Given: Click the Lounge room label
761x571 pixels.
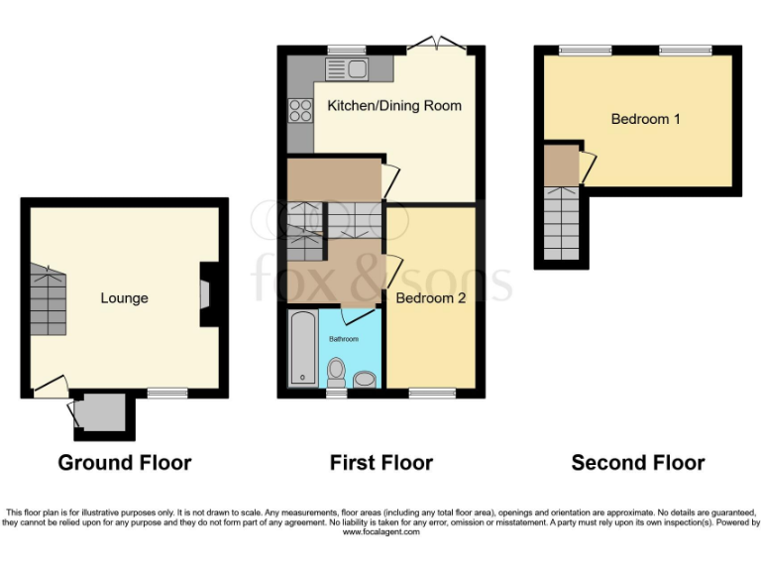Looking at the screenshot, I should point(124,297).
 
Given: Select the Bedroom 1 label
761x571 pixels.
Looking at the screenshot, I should point(645,119).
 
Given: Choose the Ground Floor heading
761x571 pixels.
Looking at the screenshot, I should point(124,462).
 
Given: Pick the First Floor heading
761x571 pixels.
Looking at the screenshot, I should point(381,462).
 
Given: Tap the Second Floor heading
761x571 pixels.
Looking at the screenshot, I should point(638,462).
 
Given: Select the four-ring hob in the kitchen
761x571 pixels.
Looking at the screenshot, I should point(299,111).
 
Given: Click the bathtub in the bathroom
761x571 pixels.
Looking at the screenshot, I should point(301,349).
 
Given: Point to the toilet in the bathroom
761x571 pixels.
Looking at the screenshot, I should point(337,375).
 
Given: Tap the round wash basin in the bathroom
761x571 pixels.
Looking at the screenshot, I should point(365,380).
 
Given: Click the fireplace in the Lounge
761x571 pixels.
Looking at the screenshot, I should point(205,294).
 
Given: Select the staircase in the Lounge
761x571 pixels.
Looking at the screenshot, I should point(47,300).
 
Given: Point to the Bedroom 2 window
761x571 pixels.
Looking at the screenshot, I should point(432,394).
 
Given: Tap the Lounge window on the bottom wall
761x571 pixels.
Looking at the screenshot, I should point(167,394).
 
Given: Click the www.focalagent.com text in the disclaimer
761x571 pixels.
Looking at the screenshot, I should point(380,532).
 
